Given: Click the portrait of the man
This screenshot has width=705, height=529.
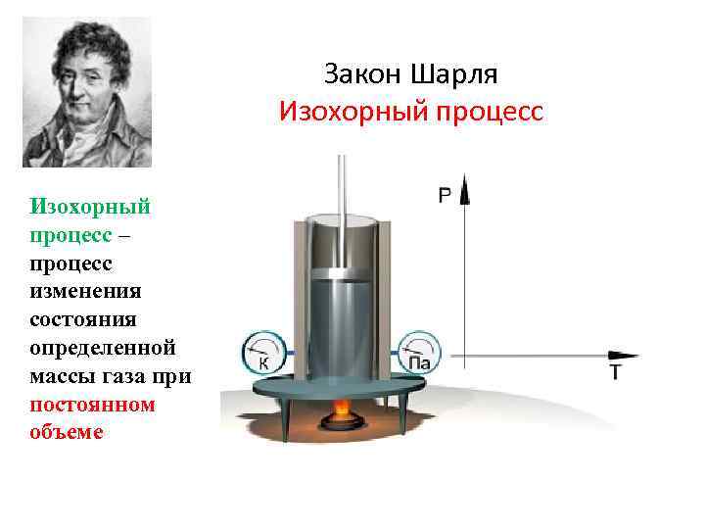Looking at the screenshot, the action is click(87, 92).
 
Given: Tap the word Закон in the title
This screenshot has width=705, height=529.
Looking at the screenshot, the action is click(363, 75).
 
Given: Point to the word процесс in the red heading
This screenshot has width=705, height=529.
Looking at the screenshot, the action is click(487, 112).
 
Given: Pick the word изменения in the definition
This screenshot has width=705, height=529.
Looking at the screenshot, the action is click(86, 291).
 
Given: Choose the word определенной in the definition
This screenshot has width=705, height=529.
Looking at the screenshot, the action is click(103, 348).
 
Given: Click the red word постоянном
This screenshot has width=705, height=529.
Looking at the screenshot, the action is click(93, 405).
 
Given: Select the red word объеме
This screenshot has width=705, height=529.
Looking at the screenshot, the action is click(66, 433).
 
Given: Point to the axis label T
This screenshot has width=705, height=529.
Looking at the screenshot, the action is click(616, 372).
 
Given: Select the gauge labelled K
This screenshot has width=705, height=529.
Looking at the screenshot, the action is click(262, 354).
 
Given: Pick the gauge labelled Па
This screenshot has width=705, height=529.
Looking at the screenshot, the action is click(419, 354).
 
